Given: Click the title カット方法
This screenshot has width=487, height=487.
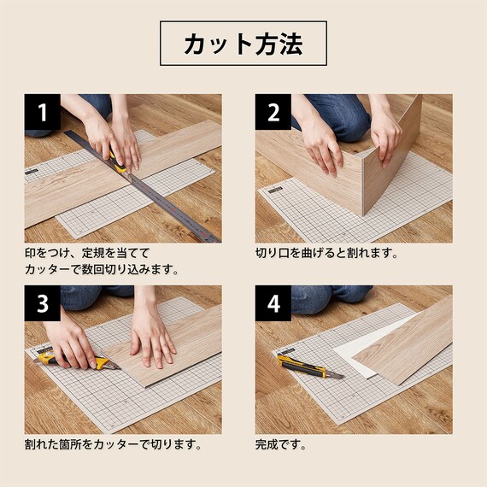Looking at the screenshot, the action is (x=243, y=44).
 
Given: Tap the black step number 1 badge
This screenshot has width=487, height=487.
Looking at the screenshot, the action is (x=43, y=112).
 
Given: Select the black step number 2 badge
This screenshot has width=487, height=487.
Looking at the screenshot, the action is (x=273, y=112).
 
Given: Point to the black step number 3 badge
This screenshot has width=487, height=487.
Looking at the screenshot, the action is (x=43, y=303).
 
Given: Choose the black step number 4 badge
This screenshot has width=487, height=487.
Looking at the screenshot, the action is (x=273, y=303).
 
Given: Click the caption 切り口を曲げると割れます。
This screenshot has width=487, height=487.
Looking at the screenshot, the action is (x=326, y=253).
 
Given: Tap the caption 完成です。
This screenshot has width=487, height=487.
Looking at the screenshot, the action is (x=281, y=445).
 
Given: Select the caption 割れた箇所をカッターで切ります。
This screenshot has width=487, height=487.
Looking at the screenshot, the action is (x=114, y=445).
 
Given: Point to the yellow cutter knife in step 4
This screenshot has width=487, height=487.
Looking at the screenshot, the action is (x=309, y=367).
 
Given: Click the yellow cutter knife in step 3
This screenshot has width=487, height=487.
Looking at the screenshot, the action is (x=77, y=360).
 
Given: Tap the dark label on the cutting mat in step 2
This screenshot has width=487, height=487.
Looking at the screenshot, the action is (x=275, y=190).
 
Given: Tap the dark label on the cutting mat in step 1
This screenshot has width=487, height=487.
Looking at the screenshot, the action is (x=32, y=172).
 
